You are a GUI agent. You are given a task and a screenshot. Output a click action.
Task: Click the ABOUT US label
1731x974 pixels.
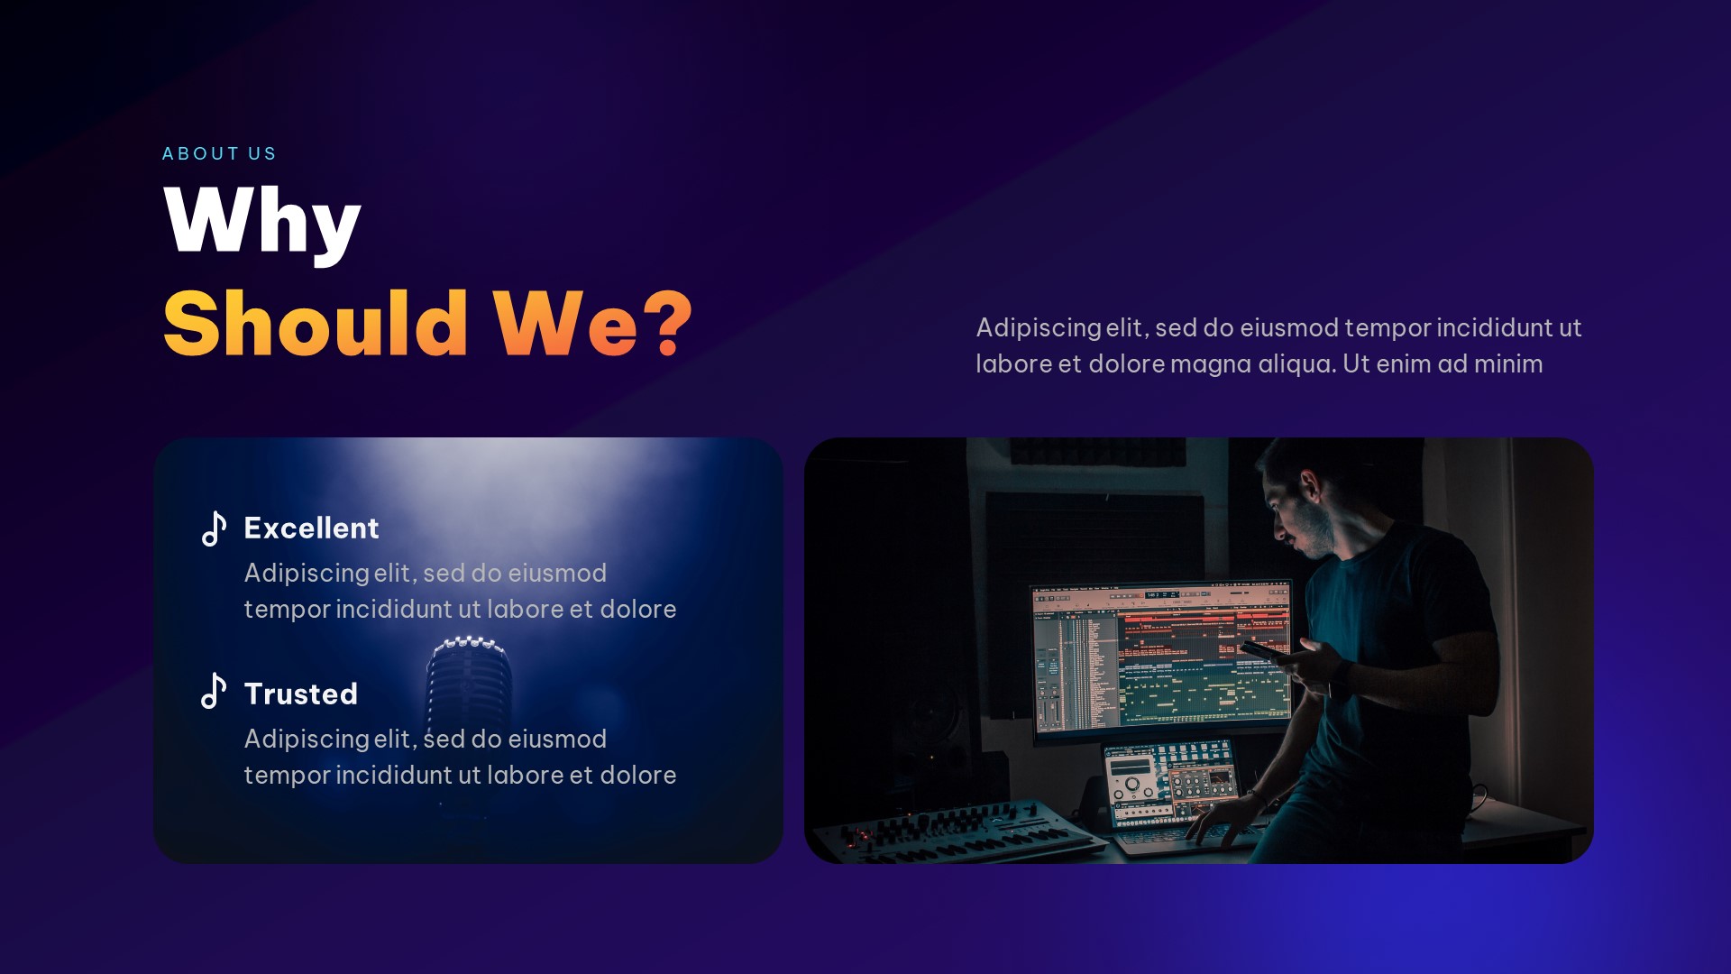[219, 154]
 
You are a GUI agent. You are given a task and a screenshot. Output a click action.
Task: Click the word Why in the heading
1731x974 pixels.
[262, 221]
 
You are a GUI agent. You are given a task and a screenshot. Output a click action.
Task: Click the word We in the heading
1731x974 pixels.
[566, 325]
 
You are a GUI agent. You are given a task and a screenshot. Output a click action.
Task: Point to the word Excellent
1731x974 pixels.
[311, 528]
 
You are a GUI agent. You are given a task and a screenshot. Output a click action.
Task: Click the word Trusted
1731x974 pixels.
[301, 694]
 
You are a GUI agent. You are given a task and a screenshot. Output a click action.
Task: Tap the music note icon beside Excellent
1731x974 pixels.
[214, 528]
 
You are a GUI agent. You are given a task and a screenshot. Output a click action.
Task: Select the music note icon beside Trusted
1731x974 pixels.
[214, 692]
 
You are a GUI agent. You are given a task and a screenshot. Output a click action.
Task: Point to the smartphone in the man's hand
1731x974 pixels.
[1262, 649]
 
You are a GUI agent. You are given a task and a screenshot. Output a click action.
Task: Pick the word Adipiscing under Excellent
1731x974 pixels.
[307, 574]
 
